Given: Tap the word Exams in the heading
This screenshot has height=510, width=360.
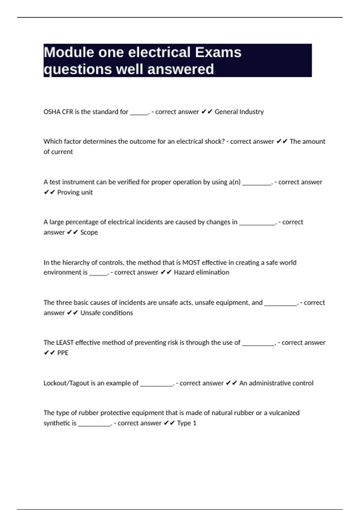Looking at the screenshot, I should click(x=218, y=52).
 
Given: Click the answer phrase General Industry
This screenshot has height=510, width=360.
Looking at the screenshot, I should click(x=239, y=112).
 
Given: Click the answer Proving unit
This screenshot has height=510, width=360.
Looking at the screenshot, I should click(x=75, y=192).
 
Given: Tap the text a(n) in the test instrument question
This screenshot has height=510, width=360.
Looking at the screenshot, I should click(x=235, y=182).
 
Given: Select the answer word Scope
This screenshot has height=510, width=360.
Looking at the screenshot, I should click(x=89, y=232).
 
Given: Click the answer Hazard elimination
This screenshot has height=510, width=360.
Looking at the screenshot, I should click(x=201, y=272).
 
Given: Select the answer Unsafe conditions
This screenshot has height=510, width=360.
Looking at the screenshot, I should click(x=106, y=313).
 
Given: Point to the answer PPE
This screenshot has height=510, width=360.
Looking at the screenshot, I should click(x=63, y=353).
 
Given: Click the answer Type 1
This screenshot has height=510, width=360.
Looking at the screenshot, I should click(x=187, y=423).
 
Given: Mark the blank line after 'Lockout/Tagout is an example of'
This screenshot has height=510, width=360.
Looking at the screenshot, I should click(x=157, y=385).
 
